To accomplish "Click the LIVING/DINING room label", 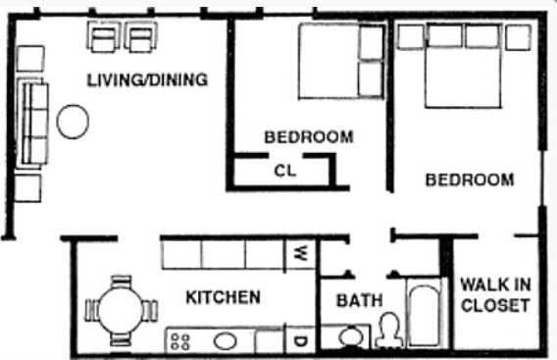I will click(x=147, y=80).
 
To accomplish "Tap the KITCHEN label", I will click(x=223, y=297).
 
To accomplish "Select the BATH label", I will click(x=360, y=301).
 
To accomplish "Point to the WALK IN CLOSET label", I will click(x=495, y=294).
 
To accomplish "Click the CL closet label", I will click(x=285, y=170).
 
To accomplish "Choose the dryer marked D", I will click(x=300, y=341).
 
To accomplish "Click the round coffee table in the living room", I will click(x=73, y=122).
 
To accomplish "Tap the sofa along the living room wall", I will click(x=32, y=124).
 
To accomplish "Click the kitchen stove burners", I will click(x=180, y=341).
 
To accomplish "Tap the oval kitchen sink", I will click(x=226, y=341).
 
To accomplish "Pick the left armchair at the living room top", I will click(x=103, y=38).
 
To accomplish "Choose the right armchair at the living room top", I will click(x=142, y=38).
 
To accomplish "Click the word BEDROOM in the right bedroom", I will click(x=469, y=180).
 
